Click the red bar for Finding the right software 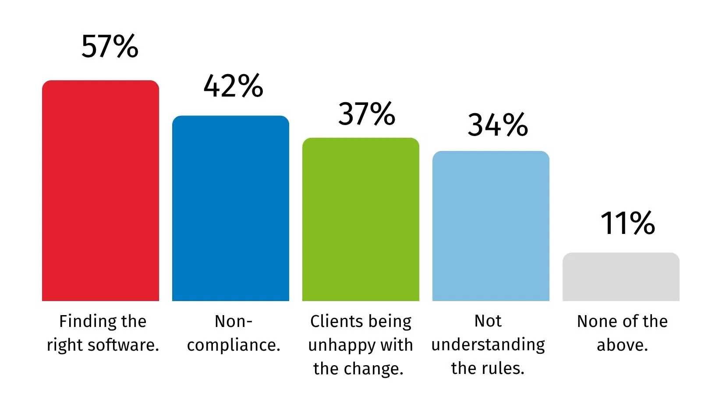point(100,190)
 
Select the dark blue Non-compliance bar point(230,208)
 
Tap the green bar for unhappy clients point(361,219)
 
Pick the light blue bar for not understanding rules point(491,226)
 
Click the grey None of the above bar point(621,277)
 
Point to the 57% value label point(110,47)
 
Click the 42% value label point(234,86)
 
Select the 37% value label point(367,114)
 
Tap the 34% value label point(498,125)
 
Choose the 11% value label point(628,223)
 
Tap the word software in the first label point(123,345)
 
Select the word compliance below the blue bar point(234,345)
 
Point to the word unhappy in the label point(341,345)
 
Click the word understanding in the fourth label point(488,345)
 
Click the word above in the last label point(622,345)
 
